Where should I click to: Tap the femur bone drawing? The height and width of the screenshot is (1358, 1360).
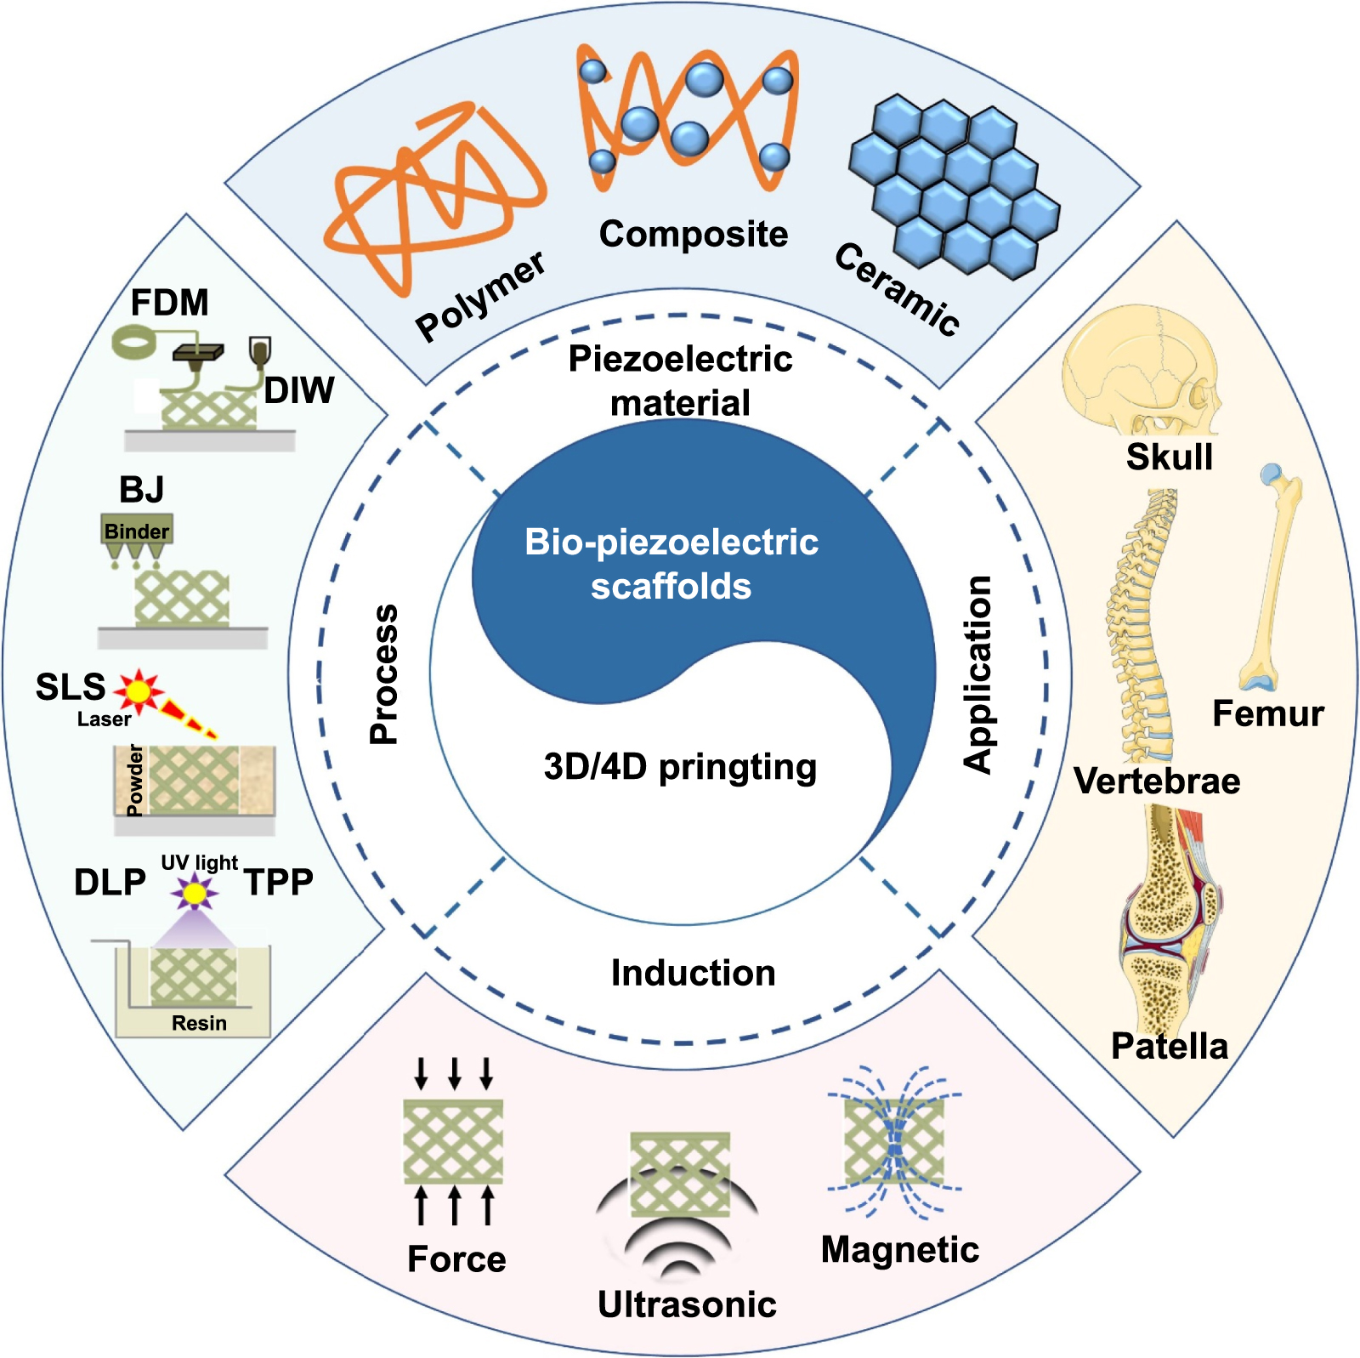click(x=1271, y=578)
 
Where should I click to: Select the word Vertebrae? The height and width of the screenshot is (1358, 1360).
click(x=1156, y=781)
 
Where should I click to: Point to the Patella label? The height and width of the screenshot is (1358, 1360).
click(x=1169, y=1046)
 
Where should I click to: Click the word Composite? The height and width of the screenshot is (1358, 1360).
click(x=693, y=234)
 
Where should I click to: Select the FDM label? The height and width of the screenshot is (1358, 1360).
click(x=169, y=303)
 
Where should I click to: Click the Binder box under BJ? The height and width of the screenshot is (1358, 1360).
click(x=136, y=531)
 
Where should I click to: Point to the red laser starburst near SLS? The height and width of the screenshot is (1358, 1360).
click(x=139, y=690)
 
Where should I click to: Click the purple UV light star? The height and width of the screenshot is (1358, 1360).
click(x=195, y=893)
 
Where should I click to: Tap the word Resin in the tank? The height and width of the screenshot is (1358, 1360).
click(x=199, y=1023)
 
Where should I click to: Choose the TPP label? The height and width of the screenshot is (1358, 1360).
click(x=278, y=883)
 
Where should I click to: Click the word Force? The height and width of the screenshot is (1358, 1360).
click(x=456, y=1259)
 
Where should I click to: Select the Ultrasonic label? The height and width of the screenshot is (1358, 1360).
click(x=687, y=1304)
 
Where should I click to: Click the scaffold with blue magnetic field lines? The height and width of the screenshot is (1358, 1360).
click(x=894, y=1142)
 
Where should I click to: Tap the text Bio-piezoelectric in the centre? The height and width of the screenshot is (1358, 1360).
click(x=671, y=543)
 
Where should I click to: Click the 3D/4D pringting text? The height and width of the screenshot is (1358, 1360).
click(x=680, y=767)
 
